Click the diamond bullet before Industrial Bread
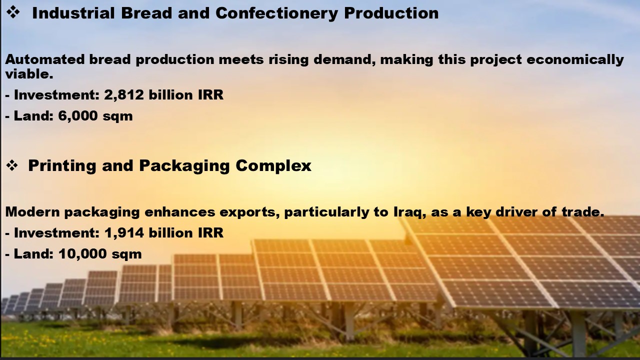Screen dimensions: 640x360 [x=13, y=13]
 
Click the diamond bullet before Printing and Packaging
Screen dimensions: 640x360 [x=12, y=165]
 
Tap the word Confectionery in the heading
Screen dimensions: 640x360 [x=276, y=13]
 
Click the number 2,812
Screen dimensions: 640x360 [x=123, y=95]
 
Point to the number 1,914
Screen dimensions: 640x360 [x=124, y=233]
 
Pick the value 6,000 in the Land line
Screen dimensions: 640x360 [x=78, y=116]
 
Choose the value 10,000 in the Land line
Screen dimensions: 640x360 [x=82, y=254]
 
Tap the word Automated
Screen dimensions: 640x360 [x=45, y=59]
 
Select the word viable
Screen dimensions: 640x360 [x=29, y=74]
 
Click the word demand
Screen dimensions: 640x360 [x=344, y=60]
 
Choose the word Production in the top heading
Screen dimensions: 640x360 [x=391, y=13]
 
